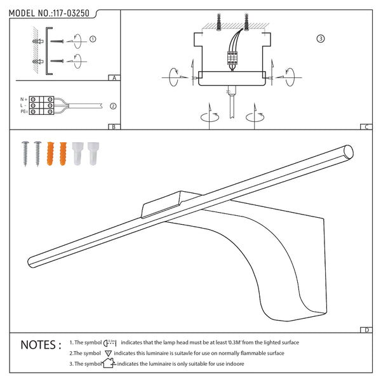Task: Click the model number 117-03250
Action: tap(71, 13)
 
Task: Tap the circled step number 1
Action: tap(93, 39)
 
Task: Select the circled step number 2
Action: tap(113, 106)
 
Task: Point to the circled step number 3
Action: tap(321, 39)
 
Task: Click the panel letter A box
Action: tap(114, 77)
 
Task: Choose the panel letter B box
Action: tap(114, 126)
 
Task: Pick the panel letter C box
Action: tap(366, 126)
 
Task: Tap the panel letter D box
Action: tap(366, 330)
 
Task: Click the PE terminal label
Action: tap(24, 112)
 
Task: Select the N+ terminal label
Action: tap(23, 99)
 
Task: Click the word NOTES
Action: tap(41, 345)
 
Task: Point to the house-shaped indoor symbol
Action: tap(109, 363)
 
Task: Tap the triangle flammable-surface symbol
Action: tap(108, 353)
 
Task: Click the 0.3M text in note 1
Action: tap(235, 342)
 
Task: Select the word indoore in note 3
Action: tap(235, 364)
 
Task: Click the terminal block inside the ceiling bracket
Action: tap(232, 58)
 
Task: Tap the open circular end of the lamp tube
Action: tap(349, 151)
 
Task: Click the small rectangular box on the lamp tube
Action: tap(171, 204)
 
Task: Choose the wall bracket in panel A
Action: tap(49, 51)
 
